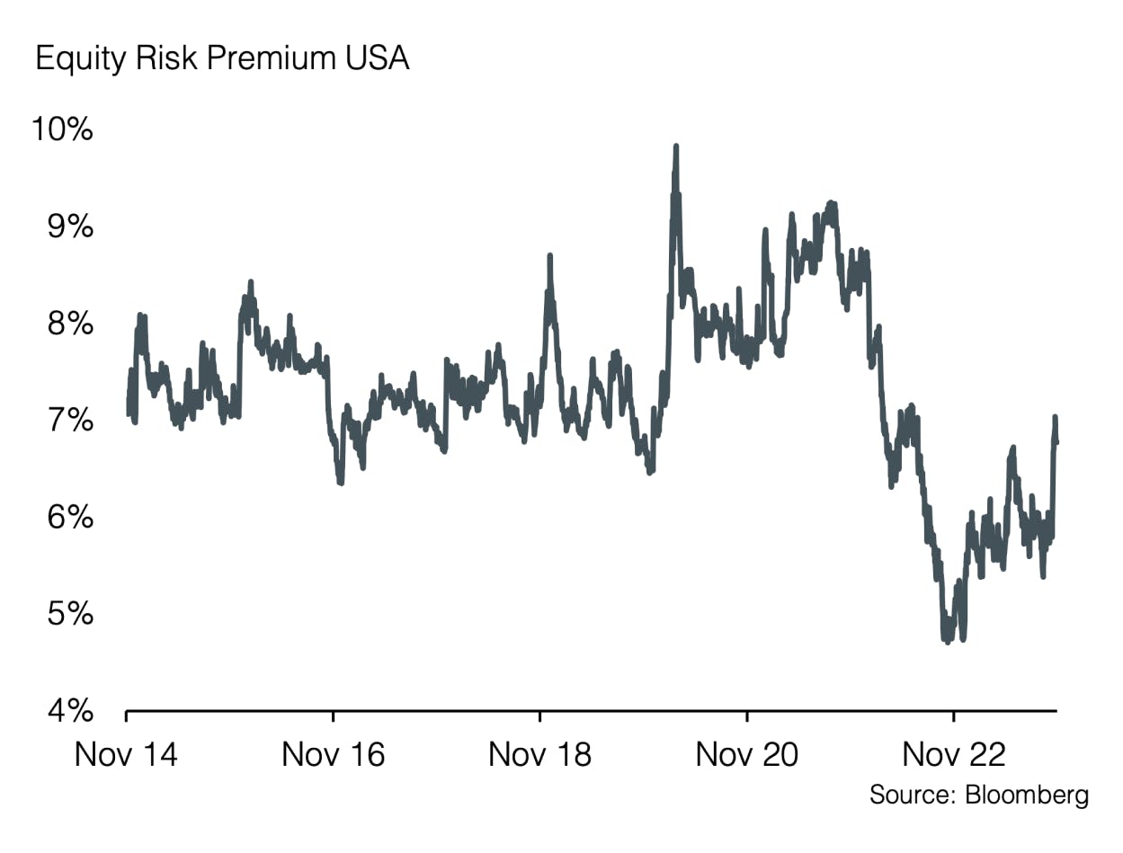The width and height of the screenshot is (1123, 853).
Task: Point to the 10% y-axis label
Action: point(61,129)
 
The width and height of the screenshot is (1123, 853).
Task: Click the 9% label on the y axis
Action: point(69,227)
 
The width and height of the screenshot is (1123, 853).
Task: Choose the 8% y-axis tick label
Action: point(69,324)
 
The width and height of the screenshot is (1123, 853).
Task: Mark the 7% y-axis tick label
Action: point(69,421)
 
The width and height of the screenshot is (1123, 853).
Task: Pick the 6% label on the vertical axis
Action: point(69,518)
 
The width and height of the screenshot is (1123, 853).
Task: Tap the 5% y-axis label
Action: point(69,615)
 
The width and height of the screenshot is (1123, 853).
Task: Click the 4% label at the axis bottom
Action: point(69,712)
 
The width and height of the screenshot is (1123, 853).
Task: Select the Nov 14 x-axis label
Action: point(126,754)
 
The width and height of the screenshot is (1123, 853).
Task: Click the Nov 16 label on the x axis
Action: point(333,754)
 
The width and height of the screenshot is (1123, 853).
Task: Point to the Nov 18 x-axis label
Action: point(539,754)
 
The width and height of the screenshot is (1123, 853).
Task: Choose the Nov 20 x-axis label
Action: point(746,754)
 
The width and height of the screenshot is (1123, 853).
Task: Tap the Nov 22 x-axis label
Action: point(953,754)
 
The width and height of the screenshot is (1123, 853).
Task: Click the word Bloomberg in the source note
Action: point(1026,795)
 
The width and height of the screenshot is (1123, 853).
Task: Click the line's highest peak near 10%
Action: point(675,147)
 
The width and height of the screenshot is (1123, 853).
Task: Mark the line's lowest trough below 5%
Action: point(947,642)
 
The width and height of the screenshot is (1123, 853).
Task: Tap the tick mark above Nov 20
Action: point(746,716)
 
